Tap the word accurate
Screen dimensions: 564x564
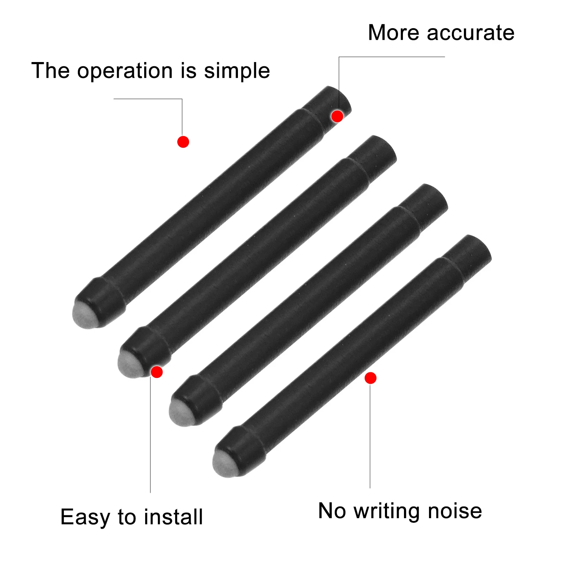point(471,33)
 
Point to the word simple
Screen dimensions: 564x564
point(237,71)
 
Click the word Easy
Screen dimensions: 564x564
point(85,517)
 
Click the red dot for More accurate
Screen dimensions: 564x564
point(337,116)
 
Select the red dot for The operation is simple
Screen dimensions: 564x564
point(183,142)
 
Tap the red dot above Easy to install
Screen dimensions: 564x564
point(157,372)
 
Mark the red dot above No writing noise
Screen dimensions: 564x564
point(370,378)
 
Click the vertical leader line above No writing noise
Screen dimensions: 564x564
point(370,437)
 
